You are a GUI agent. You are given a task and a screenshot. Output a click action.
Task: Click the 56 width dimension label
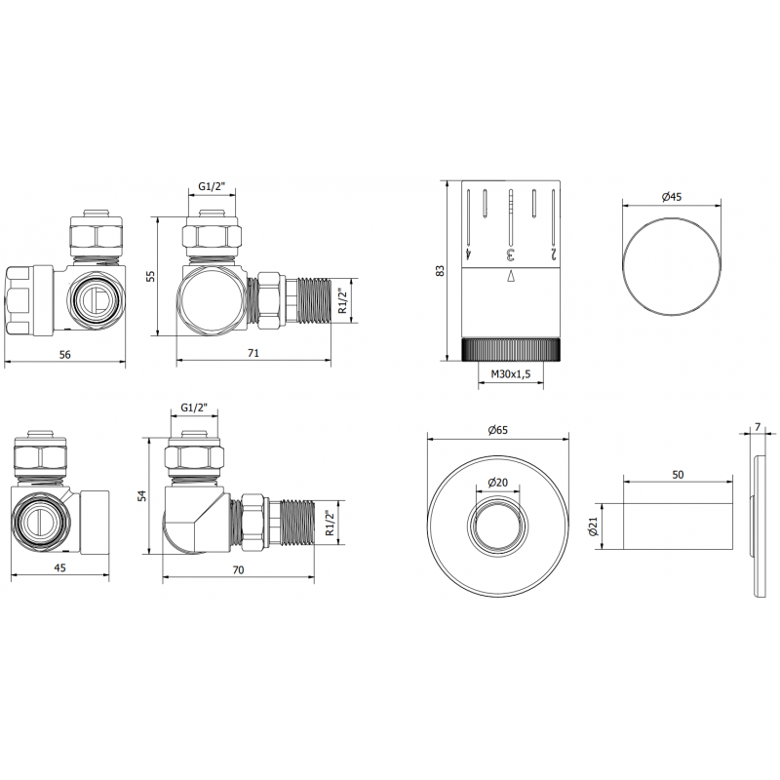(65, 355)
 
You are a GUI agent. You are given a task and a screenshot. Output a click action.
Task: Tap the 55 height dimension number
(150, 276)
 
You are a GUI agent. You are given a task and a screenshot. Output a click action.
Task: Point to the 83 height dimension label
(441, 270)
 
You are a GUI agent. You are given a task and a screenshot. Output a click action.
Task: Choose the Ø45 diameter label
(672, 197)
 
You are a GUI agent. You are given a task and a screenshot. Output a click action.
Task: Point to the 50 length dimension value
(678, 473)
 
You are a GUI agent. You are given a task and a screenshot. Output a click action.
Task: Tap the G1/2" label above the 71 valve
(213, 186)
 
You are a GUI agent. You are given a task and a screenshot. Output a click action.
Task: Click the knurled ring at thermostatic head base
(510, 349)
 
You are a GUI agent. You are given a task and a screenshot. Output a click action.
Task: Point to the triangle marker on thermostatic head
(510, 278)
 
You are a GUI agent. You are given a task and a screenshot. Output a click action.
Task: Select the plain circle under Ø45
(673, 264)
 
